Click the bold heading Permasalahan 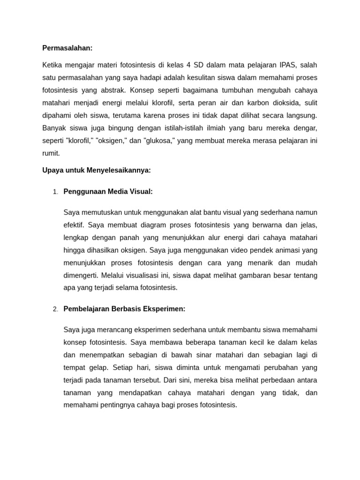pyautogui.click(x=67, y=48)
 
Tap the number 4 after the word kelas pyautogui.click(x=185, y=65)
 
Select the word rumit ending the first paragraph pyautogui.click(x=51, y=153)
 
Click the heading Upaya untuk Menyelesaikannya pyautogui.click(x=97, y=170)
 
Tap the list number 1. pyautogui.click(x=55, y=192)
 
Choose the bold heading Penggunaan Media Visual pyautogui.click(x=108, y=191)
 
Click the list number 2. pyautogui.click(x=55, y=309)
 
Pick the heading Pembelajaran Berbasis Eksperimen pyautogui.click(x=124, y=309)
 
